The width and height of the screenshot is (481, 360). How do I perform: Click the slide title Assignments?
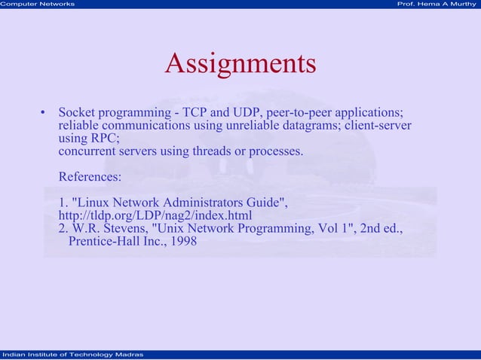[x=240, y=63]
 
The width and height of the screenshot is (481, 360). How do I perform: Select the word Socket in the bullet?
[x=77, y=113]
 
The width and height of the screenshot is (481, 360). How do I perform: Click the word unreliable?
[x=262, y=126]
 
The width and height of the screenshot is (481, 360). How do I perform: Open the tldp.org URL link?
[x=155, y=216]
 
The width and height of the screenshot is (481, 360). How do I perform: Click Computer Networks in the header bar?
[x=38, y=5]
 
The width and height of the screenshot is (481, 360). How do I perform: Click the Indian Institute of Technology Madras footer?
[x=68, y=355]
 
